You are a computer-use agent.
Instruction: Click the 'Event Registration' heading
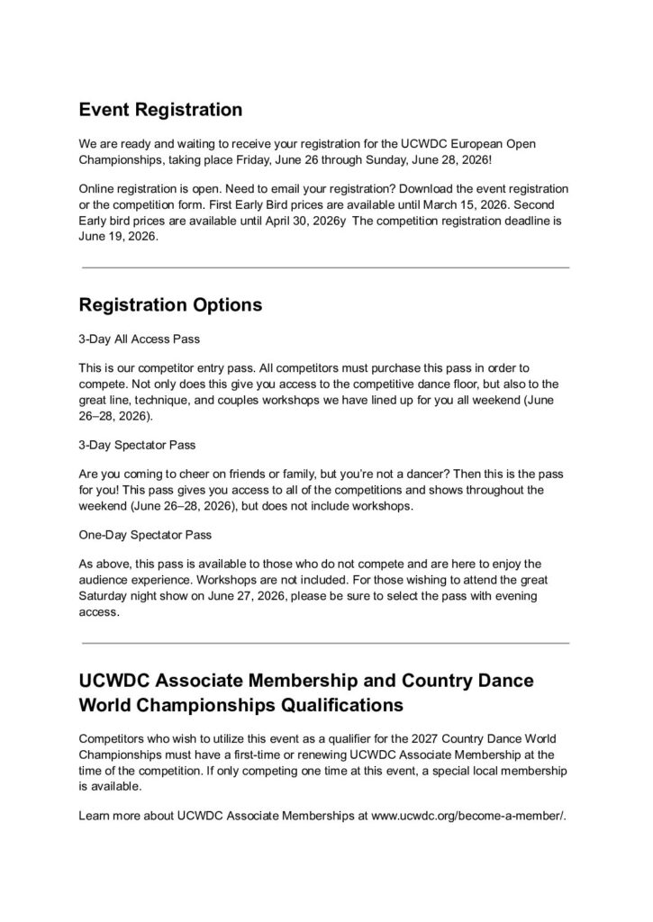point(160,110)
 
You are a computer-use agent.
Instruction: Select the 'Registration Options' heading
point(170,304)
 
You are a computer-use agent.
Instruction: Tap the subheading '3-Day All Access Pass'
point(139,340)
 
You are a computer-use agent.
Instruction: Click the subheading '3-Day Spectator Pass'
point(137,445)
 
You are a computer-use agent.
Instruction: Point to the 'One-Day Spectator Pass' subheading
point(145,534)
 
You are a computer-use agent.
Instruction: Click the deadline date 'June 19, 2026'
point(119,237)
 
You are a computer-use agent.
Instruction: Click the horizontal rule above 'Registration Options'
point(325,267)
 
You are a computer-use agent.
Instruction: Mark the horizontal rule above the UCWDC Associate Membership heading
point(325,643)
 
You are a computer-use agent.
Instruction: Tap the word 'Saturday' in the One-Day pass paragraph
point(107,597)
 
